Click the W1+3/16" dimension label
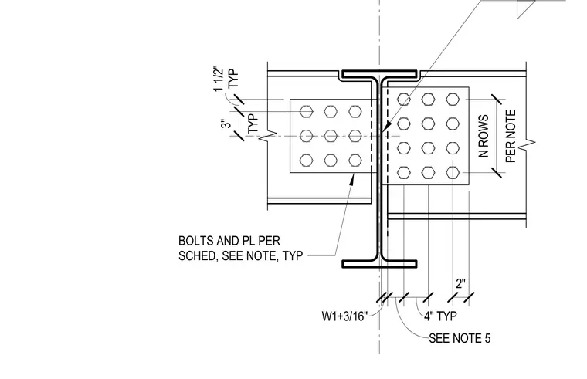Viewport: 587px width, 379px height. [x=344, y=316]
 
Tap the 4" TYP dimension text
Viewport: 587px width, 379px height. [x=440, y=316]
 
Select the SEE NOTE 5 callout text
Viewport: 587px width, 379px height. [x=460, y=338]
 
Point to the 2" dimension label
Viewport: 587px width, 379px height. [x=461, y=283]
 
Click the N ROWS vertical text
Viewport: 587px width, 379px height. [x=484, y=136]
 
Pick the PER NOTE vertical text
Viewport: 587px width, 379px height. [x=511, y=136]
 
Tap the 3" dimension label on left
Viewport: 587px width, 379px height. [x=226, y=124]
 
